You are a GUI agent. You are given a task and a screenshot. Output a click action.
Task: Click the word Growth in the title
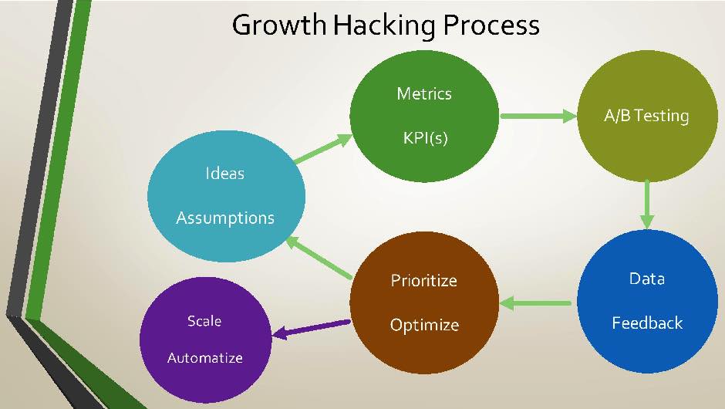279,25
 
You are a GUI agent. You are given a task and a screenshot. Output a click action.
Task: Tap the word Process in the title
491,25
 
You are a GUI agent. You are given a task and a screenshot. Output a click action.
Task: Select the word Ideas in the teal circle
225,174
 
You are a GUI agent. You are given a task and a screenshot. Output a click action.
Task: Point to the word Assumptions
225,218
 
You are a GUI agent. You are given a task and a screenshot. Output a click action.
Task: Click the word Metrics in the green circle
424,94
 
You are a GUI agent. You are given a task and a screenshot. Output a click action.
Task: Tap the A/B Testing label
646,117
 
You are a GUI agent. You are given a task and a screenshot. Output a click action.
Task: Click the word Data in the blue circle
646,279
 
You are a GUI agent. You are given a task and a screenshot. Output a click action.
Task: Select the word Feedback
646,323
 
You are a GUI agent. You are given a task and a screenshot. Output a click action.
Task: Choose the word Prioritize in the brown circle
423,280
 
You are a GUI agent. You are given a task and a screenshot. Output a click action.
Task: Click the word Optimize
423,325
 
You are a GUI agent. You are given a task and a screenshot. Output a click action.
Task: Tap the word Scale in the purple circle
204,321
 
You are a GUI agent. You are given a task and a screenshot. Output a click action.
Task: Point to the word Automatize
204,358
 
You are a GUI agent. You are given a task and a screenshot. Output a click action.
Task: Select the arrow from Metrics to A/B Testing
538,117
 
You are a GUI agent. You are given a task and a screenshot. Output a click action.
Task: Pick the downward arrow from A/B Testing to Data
646,205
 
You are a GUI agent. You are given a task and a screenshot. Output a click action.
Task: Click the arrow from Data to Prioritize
536,303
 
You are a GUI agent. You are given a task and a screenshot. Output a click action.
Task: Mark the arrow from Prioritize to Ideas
319,258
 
